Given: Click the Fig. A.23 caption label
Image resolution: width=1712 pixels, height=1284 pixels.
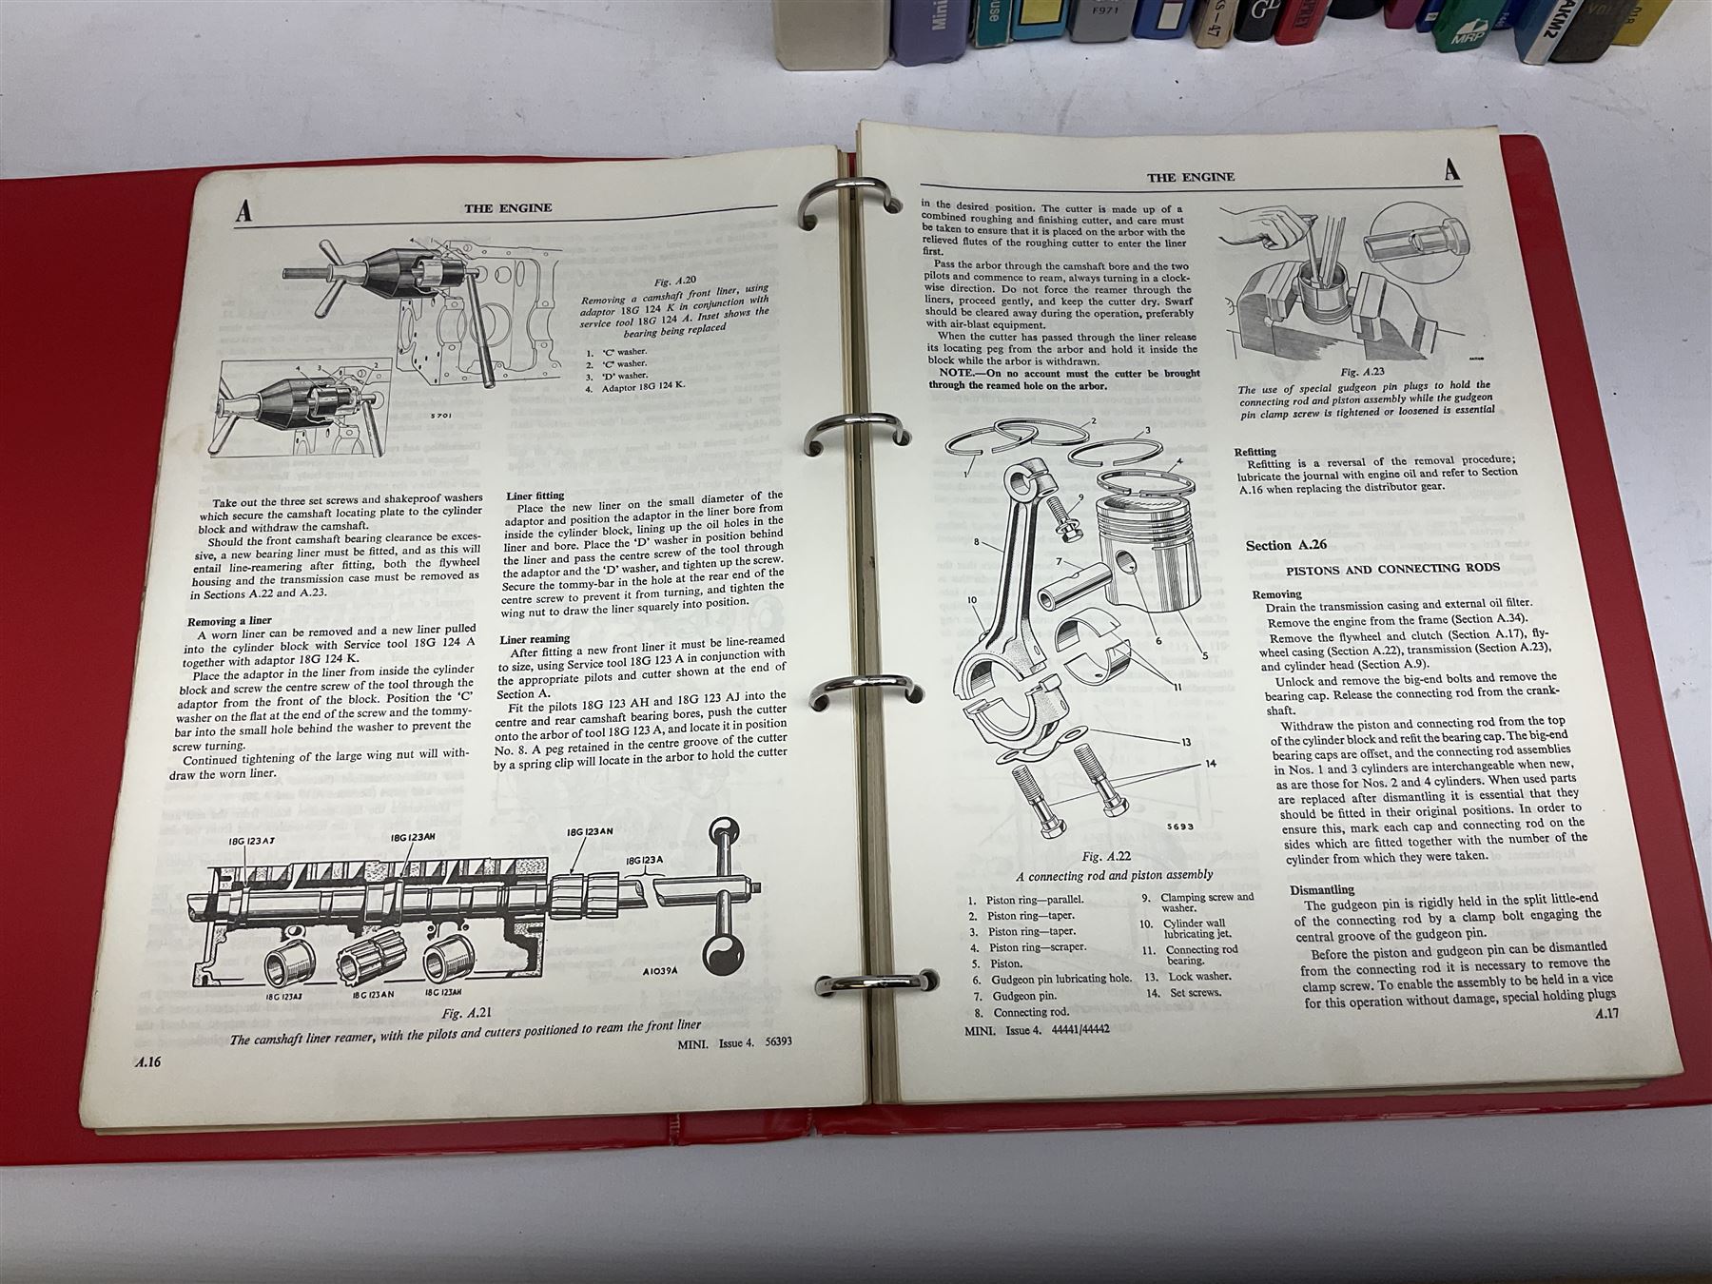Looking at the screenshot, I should (x=1362, y=374).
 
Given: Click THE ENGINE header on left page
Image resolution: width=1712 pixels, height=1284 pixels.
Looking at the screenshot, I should (x=506, y=207).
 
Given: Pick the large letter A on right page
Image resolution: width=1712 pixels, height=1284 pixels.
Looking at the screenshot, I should (x=1451, y=170).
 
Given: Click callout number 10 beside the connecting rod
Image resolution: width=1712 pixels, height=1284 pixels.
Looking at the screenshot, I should (x=970, y=600).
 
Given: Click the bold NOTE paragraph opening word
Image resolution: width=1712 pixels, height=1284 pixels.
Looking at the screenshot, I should (x=954, y=373).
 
